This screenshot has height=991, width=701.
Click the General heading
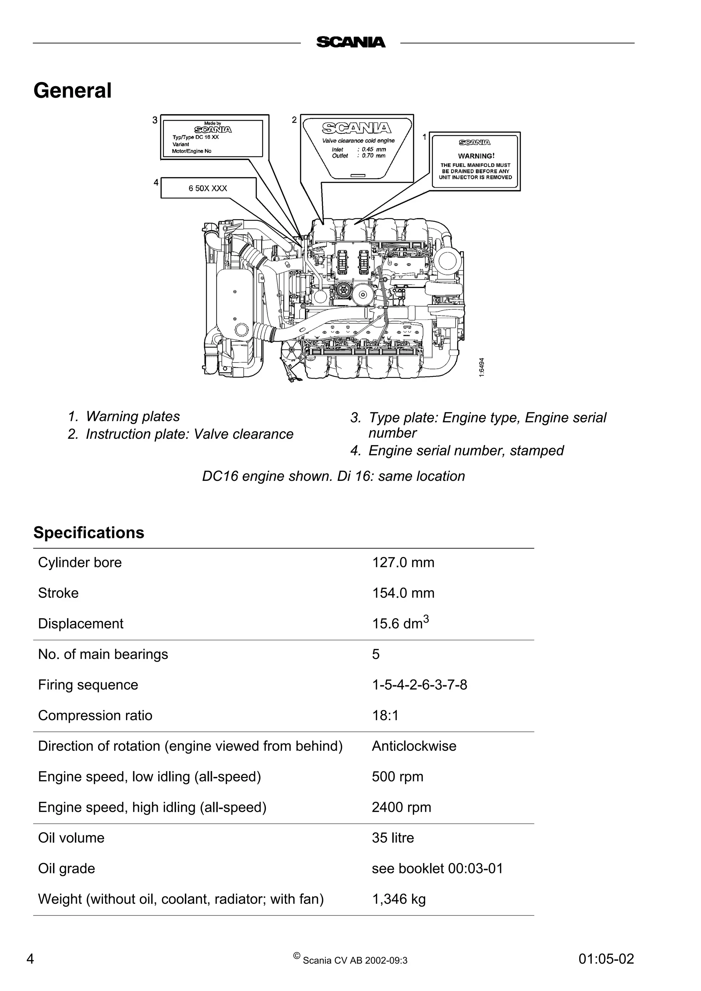[73, 91]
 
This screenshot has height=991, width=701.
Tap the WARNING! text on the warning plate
[476, 156]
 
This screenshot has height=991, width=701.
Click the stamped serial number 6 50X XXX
[208, 188]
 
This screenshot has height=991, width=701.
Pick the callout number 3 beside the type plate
[155, 120]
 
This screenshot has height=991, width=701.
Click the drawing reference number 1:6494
[482, 367]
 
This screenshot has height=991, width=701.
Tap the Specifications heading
[89, 533]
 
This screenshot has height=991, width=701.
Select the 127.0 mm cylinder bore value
[403, 563]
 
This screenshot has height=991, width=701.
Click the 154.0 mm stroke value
[403, 593]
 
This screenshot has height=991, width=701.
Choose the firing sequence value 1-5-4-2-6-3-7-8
[419, 685]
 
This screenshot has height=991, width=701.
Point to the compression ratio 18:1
[385, 716]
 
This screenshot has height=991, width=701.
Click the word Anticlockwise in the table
[414, 746]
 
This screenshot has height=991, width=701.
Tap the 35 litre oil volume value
[393, 838]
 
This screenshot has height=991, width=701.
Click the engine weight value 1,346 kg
[399, 899]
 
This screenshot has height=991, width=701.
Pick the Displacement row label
[81, 624]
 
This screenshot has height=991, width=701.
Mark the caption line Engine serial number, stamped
[466, 451]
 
